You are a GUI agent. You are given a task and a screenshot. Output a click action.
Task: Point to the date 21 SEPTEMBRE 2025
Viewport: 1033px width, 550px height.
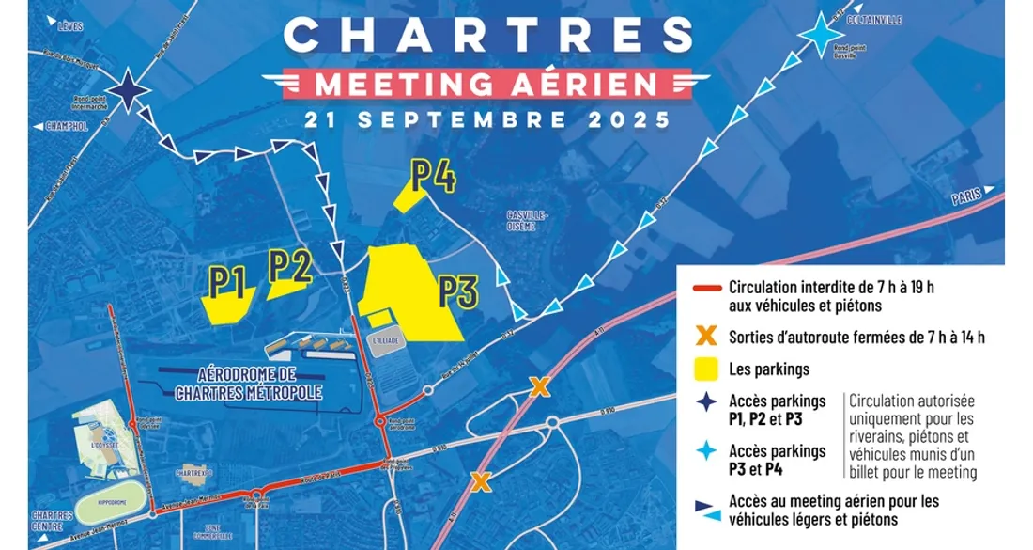pos(486,120)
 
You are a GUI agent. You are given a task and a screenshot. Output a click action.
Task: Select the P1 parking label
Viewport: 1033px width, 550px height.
pos(227,279)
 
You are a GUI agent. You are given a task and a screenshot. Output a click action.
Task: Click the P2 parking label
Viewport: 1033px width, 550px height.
pos(289,265)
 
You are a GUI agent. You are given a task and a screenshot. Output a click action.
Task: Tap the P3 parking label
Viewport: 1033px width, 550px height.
pos(459,291)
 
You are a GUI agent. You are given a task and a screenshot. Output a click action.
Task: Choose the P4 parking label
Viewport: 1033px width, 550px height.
pos(433,176)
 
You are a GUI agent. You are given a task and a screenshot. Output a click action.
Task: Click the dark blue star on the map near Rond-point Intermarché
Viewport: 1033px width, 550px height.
pos(131,91)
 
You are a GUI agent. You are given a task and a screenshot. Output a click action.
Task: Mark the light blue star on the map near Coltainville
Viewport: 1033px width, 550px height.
pos(822,40)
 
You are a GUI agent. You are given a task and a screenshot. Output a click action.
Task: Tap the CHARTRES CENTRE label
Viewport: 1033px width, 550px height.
pos(52,519)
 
